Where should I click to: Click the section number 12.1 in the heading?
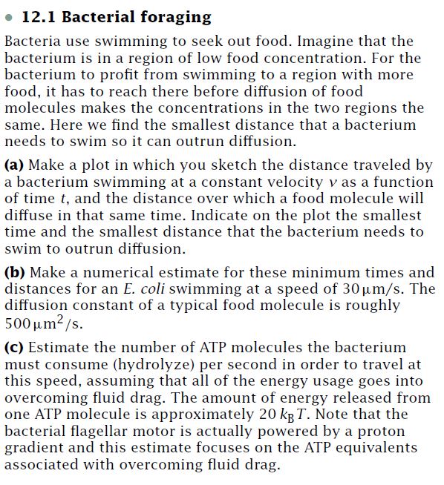pyautogui.click(x=36, y=17)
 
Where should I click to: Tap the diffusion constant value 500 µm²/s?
pyautogui.click(x=44, y=323)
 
